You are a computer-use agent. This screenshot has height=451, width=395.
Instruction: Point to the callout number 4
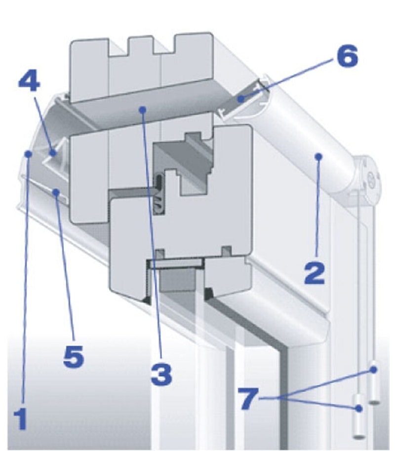29,81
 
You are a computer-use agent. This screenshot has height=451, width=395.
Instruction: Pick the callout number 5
74,356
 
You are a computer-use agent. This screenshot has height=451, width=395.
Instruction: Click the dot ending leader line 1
28,154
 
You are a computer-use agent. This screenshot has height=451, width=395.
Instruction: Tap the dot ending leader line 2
318,156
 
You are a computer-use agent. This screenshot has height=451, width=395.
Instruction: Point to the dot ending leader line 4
52,153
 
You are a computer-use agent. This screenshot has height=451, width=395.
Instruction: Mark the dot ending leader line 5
57,192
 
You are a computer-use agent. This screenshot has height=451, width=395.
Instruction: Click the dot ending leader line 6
241,99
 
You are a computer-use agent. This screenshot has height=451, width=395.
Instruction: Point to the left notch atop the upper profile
118,47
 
